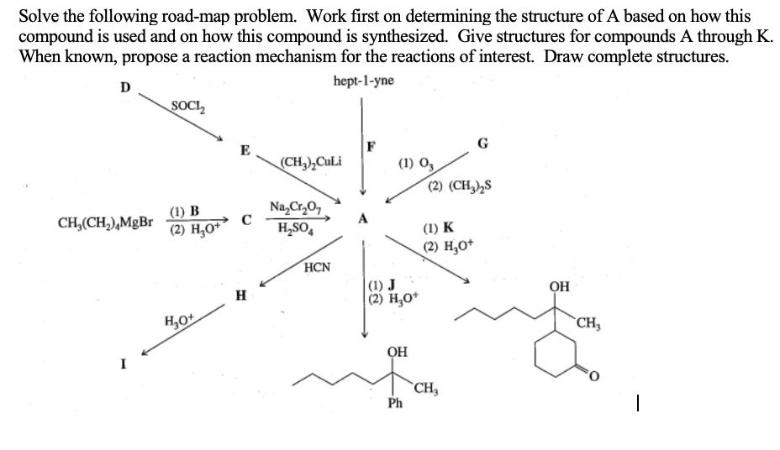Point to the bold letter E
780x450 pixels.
pyautogui.click(x=245, y=150)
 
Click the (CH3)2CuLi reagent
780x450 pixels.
pyautogui.click(x=310, y=161)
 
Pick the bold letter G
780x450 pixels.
pyautogui.click(x=482, y=143)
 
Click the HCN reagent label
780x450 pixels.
pyautogui.click(x=317, y=269)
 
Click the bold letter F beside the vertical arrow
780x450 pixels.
pyautogui.click(x=372, y=148)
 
